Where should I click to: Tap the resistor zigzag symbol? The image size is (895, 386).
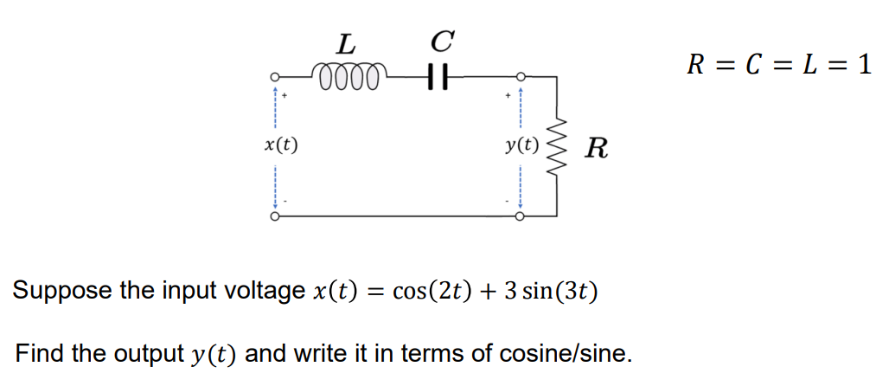(x=557, y=145)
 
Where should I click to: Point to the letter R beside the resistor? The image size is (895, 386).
(x=596, y=148)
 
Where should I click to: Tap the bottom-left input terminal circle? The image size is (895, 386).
(x=275, y=216)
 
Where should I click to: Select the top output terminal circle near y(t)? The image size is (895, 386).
(x=521, y=76)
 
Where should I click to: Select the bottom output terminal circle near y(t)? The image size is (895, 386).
(x=521, y=216)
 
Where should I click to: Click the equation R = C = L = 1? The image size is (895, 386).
(x=778, y=65)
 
